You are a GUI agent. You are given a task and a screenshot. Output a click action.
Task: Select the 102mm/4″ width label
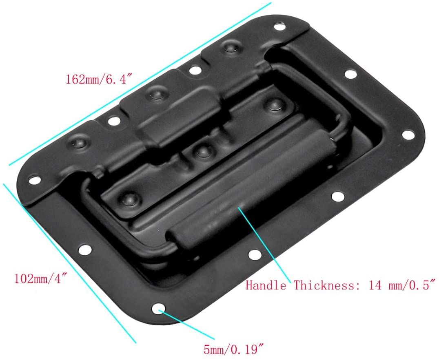click(40, 279)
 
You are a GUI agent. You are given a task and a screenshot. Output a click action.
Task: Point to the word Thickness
click(324, 285)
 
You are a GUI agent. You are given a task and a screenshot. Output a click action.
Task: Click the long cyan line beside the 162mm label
click(139, 84)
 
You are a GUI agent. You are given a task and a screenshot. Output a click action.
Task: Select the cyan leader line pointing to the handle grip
click(265, 245)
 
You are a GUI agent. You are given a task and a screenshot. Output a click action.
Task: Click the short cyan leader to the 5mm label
click(188, 324)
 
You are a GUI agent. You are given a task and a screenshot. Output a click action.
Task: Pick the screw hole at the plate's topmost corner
click(279, 27)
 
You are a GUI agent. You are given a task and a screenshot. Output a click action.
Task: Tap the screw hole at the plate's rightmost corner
click(407, 134)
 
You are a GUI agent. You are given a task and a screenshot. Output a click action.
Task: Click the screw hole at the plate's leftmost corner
click(35, 179)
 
